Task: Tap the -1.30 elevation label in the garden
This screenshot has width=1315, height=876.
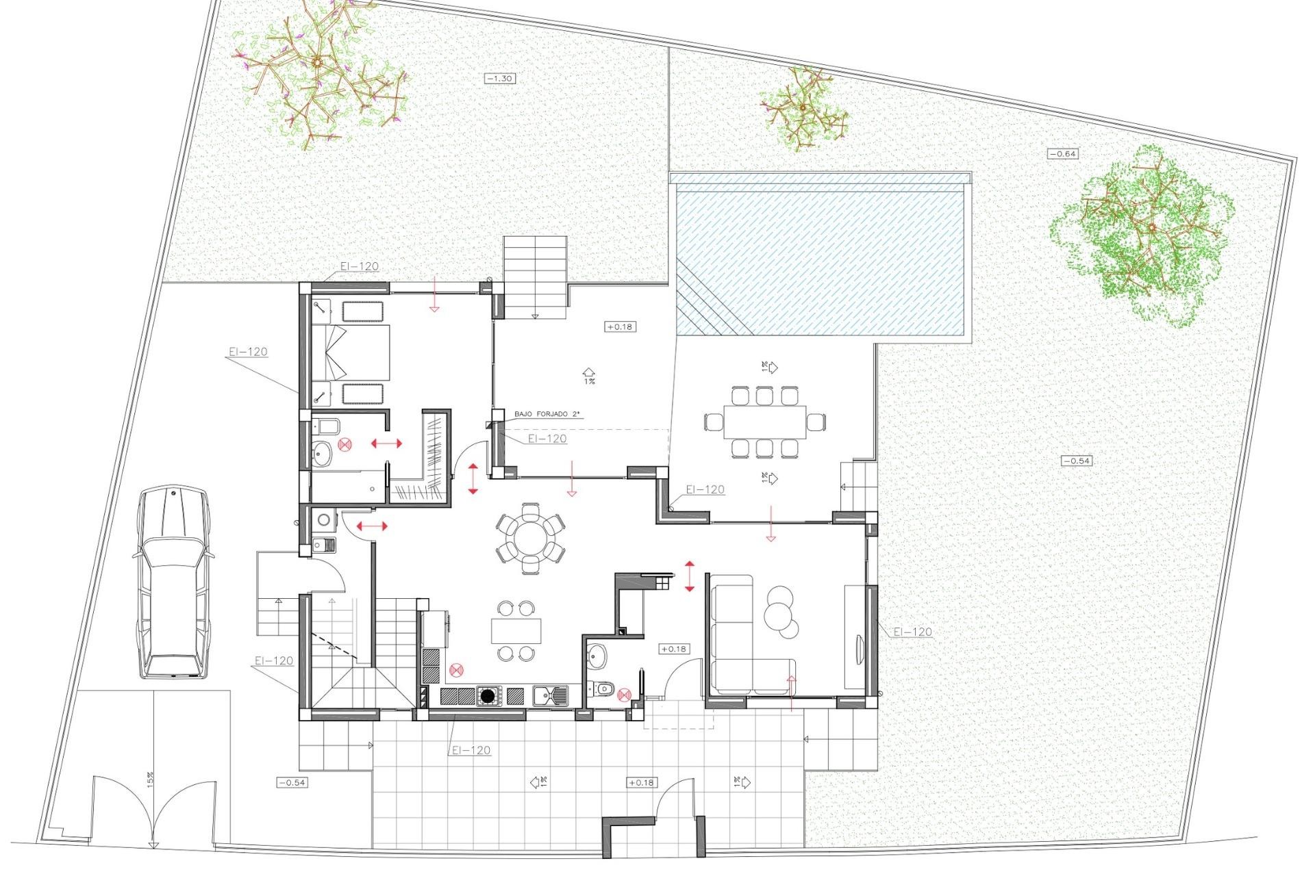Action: pos(499,79)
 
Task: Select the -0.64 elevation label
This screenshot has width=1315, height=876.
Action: pos(1063,154)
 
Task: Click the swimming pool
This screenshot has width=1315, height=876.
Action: pos(822,260)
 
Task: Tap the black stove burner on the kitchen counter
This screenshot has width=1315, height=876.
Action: pos(487,697)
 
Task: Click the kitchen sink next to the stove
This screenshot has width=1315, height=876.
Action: pos(550,696)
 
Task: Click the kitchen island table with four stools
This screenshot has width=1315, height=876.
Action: pos(516,630)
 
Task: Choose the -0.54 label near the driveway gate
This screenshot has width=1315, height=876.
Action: pos(292,782)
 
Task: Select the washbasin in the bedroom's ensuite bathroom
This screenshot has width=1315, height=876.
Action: pos(322,452)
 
